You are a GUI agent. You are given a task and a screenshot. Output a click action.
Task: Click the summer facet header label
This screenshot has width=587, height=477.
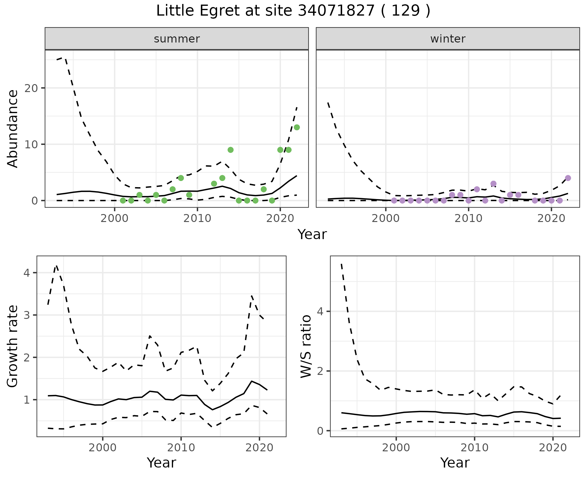[177, 39]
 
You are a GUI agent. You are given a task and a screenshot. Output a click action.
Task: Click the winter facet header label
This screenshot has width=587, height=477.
[448, 39]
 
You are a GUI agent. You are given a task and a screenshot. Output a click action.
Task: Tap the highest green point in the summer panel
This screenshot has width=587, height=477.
[297, 127]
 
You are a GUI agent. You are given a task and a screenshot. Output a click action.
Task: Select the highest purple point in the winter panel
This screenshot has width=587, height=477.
[568, 178]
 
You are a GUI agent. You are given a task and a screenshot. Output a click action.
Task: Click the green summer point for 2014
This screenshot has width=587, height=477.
[231, 150]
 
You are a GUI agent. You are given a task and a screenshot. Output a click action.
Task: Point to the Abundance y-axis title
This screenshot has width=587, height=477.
[13, 129]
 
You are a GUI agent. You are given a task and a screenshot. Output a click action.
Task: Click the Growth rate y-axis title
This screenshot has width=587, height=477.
[13, 346]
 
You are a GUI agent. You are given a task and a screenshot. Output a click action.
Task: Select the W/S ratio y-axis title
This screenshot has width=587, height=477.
[306, 346]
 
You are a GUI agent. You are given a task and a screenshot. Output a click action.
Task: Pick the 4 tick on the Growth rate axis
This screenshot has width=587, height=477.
[27, 273]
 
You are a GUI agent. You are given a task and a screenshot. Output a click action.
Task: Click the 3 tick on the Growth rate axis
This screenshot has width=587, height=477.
[27, 315]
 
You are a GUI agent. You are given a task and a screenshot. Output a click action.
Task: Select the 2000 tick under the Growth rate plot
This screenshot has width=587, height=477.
[103, 448]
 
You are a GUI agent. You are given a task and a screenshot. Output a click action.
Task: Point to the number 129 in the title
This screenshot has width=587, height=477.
[405, 11]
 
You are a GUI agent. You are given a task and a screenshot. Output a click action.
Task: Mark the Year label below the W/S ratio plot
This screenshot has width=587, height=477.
[455, 463]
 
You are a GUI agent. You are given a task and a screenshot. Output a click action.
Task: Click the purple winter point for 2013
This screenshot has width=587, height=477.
[493, 184]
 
